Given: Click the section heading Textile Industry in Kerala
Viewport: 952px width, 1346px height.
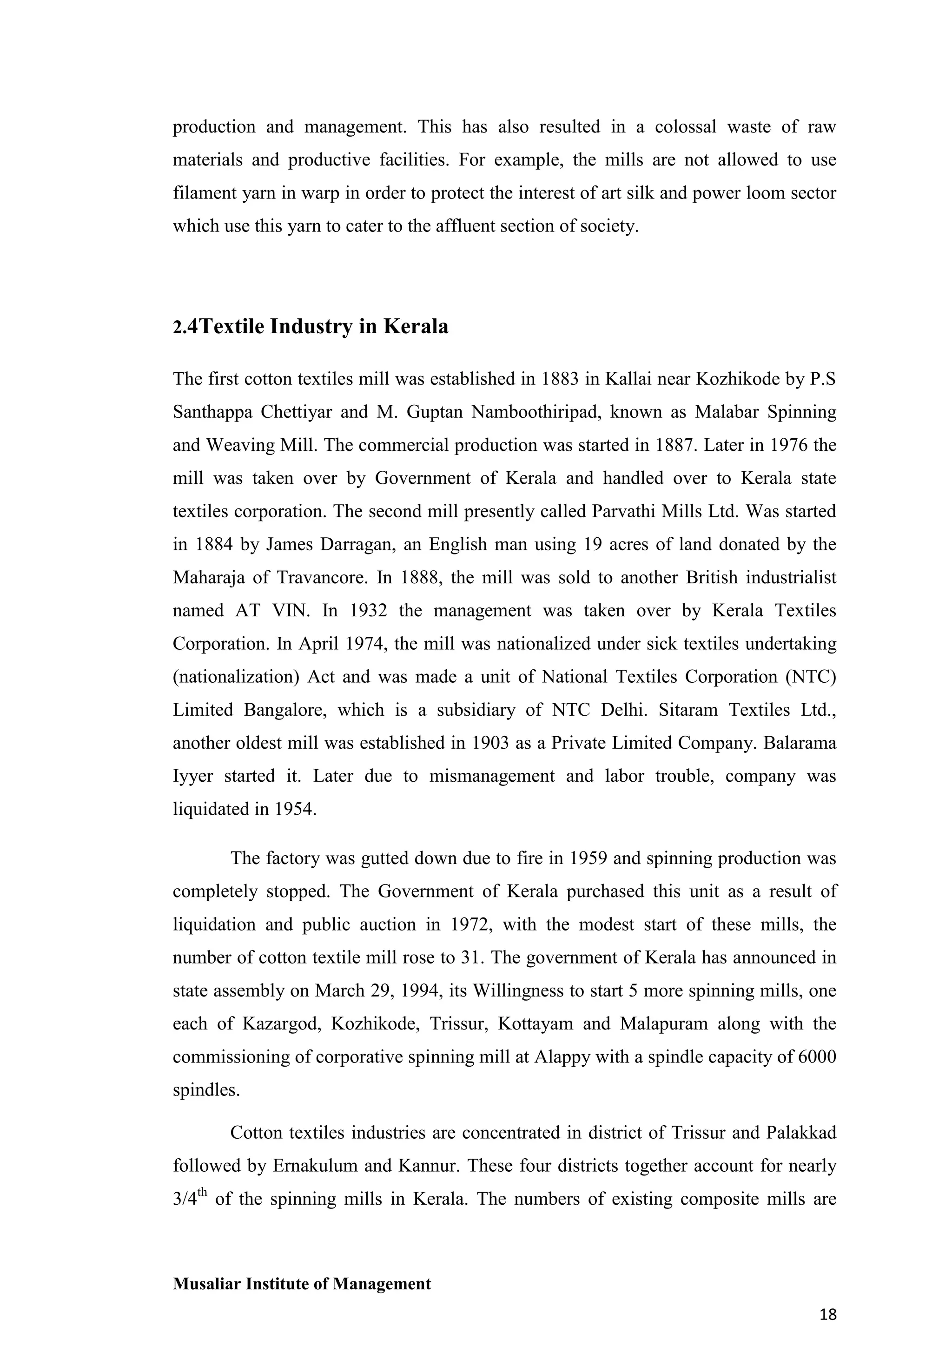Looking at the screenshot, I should tap(311, 327).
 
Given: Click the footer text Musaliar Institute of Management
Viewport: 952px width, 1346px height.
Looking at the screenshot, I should tap(301, 1284).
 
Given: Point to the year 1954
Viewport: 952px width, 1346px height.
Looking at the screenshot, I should tap(294, 810).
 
